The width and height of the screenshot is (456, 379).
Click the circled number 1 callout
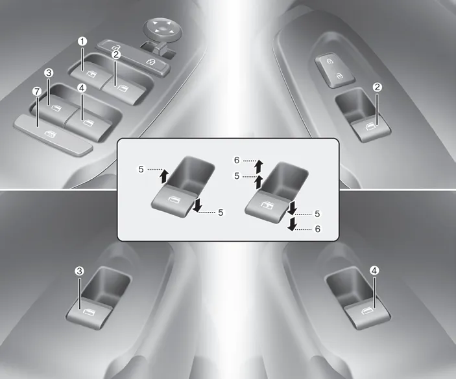click(x=82, y=41)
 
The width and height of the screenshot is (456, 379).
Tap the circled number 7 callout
click(x=37, y=92)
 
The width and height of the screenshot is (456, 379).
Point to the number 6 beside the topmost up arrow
click(x=237, y=160)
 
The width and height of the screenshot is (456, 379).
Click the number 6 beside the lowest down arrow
click(x=318, y=229)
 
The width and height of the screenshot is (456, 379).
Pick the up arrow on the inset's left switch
click(x=164, y=176)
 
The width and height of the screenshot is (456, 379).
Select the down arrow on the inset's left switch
click(x=197, y=205)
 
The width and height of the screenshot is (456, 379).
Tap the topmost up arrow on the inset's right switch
click(x=258, y=166)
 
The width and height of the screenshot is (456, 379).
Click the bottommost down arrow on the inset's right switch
click(x=292, y=224)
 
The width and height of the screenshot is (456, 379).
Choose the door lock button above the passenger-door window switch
click(x=335, y=70)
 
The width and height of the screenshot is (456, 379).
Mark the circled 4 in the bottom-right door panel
click(x=374, y=271)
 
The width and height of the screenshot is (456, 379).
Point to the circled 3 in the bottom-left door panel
click(x=79, y=271)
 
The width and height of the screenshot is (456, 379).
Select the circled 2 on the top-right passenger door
click(x=377, y=87)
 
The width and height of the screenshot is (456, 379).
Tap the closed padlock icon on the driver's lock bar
click(x=151, y=61)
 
